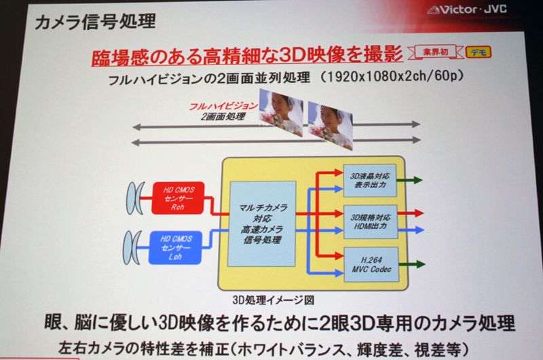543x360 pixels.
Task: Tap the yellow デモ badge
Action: [479, 52]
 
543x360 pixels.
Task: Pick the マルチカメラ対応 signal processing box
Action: [263, 223]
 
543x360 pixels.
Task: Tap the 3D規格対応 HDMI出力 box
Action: [369, 221]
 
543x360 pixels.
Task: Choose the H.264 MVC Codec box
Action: [370, 264]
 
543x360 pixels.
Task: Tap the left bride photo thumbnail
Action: [282, 113]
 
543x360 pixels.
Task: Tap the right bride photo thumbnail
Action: [331, 124]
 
